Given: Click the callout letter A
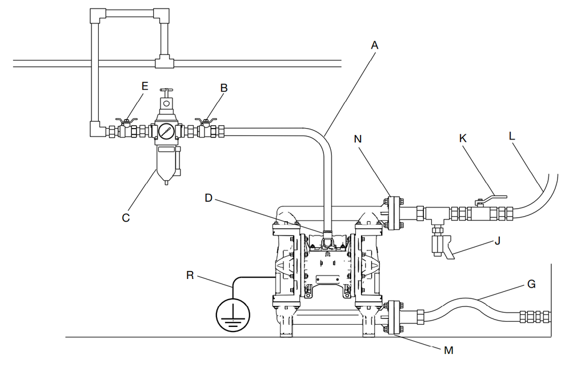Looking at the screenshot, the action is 375,46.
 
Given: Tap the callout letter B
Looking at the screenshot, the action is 224,87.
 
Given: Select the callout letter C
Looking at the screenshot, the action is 126,218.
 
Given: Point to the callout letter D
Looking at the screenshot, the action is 209,198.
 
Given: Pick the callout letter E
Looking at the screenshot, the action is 145,86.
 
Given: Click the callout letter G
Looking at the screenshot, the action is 532,284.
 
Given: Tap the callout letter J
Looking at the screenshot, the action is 498,241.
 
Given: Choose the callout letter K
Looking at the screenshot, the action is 463,138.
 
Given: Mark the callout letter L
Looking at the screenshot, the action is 512,136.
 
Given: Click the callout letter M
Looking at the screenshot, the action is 449,350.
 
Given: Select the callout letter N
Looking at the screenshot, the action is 358,139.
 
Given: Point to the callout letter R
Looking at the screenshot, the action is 190,276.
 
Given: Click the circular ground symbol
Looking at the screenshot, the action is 233,315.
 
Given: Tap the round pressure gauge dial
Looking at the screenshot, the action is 165,131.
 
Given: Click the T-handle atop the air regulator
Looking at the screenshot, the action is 166,91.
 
